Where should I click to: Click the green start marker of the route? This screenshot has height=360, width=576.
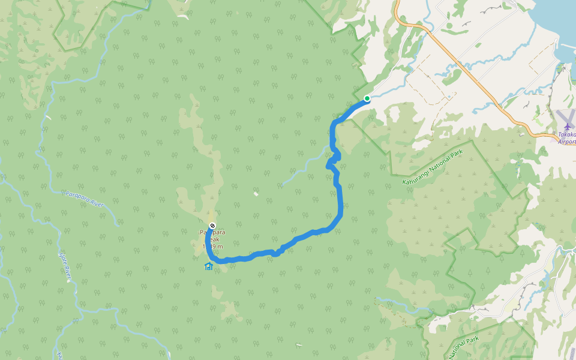(x=367, y=98)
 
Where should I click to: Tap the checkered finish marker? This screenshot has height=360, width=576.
(x=212, y=226)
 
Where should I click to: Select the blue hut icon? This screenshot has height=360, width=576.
(x=209, y=266)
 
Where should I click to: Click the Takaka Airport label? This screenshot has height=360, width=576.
(x=566, y=138)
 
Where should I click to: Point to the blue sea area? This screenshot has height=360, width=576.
(x=552, y=24)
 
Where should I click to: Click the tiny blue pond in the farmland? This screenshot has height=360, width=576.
(x=448, y=95)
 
